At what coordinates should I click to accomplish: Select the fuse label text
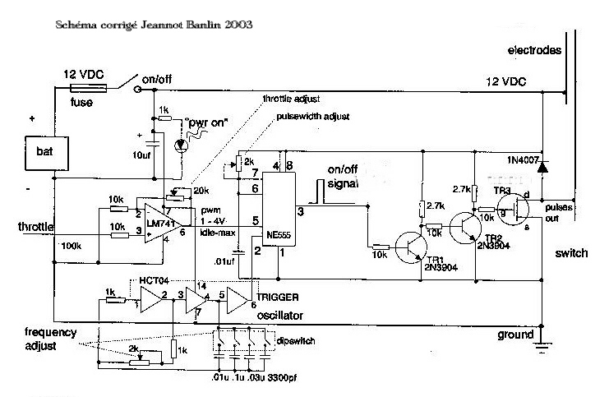pyautogui.click(x=83, y=103)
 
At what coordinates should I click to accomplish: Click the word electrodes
pyautogui.click(x=535, y=50)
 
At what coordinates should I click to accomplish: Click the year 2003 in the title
pyautogui.click(x=235, y=24)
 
